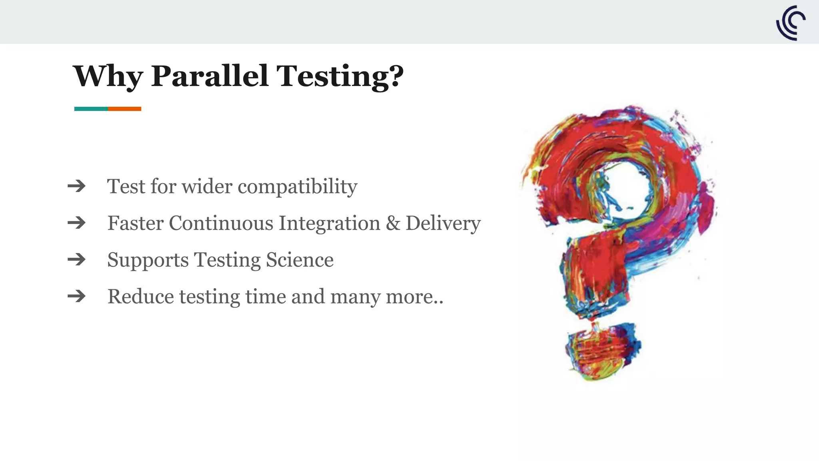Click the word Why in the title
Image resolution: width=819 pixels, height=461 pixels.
(x=108, y=76)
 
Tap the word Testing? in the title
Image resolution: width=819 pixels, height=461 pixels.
(x=340, y=76)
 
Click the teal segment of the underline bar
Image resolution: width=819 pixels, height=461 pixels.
(x=91, y=109)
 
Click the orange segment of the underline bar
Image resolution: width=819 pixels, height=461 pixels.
(x=124, y=109)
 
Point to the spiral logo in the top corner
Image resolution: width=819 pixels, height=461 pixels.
(x=791, y=23)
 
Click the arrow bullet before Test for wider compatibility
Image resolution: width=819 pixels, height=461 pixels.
(x=77, y=186)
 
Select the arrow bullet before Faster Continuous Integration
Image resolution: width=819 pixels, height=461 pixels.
(x=77, y=223)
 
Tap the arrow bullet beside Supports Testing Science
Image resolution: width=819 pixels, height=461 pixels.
(x=77, y=260)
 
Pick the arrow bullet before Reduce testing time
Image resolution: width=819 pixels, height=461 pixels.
(x=77, y=297)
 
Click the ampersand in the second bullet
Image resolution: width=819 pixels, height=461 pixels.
(x=393, y=223)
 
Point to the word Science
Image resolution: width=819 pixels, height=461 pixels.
(x=300, y=260)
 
